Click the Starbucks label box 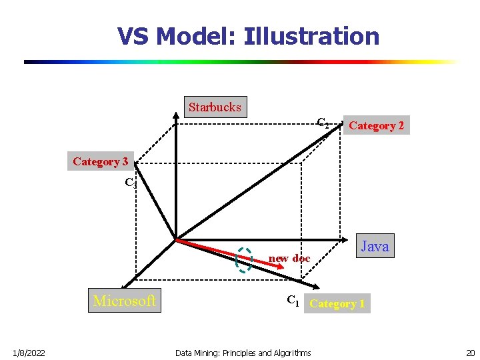click(215, 107)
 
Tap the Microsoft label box click(125, 301)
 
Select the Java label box click(375, 246)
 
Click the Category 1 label click(337, 304)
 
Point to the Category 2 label click(376, 125)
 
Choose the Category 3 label click(101, 161)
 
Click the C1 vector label click(293, 301)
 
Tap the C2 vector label click(322, 123)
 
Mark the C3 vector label click(131, 182)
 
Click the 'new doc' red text click(289, 258)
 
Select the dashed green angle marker click(245, 261)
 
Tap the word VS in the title click(133, 36)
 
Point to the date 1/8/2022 click(28, 353)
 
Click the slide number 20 click(470, 353)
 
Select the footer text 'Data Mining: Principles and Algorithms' click(243, 353)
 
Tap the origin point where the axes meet click(175, 239)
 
